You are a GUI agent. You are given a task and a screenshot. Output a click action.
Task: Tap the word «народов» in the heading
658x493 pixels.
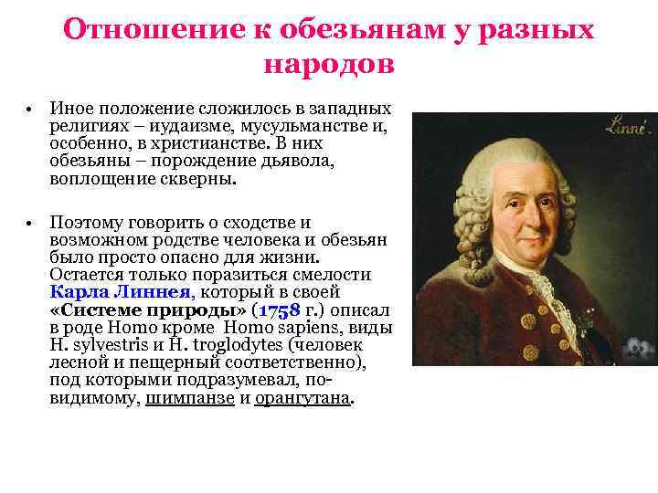[x=329, y=65]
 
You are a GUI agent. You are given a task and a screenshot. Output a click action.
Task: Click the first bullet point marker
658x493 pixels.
[x=29, y=110]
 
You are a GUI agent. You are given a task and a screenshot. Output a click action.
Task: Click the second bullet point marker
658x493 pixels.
[x=29, y=223]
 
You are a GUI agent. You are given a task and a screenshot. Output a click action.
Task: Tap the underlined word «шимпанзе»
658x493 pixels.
[x=190, y=398]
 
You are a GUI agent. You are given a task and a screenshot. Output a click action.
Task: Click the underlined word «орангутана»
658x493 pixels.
[x=303, y=398]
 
